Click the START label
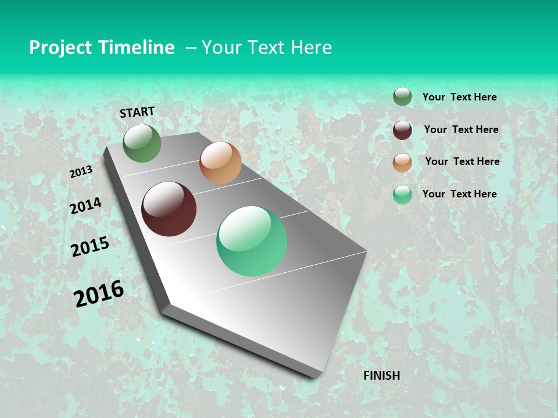pyautogui.click(x=137, y=112)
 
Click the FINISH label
pyautogui.click(x=381, y=376)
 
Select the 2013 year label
pyautogui.click(x=81, y=172)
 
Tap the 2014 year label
pyautogui.click(x=85, y=206)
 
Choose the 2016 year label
pyautogui.click(x=99, y=294)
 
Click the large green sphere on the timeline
pyautogui.click(x=142, y=143)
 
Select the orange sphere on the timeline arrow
pyautogui.click(x=220, y=163)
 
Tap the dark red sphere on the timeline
pyautogui.click(x=169, y=209)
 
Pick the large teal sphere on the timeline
pyautogui.click(x=252, y=241)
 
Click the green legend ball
pyautogui.click(x=402, y=97)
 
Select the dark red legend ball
pyautogui.click(x=402, y=130)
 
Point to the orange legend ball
pyautogui.click(x=402, y=163)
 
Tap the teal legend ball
pyautogui.click(x=402, y=195)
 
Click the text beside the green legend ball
pyautogui.click(x=459, y=97)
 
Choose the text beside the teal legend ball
pyautogui.click(x=459, y=194)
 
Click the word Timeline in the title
pyautogui.click(x=137, y=48)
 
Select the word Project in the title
pyautogui.click(x=62, y=48)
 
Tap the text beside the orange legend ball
pyautogui.click(x=462, y=161)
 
